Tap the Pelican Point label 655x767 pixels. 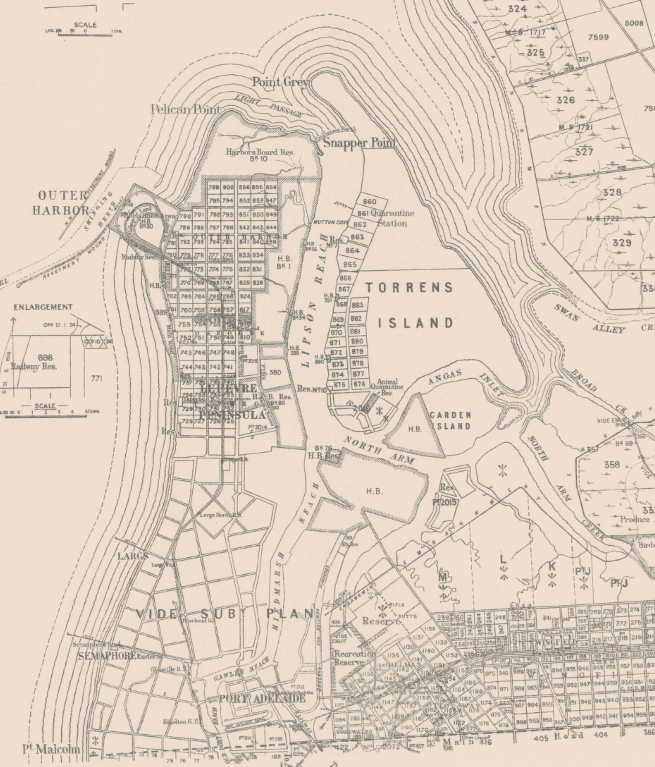(185, 109)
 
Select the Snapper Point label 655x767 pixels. (360, 143)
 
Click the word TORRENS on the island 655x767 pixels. (409, 287)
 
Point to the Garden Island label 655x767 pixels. (450, 420)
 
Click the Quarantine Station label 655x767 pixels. (392, 218)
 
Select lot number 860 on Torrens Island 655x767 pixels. (369, 201)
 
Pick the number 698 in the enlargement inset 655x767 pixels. (45, 358)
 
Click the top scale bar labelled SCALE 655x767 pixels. (85, 25)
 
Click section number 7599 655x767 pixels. (598, 37)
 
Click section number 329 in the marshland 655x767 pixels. (622, 243)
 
